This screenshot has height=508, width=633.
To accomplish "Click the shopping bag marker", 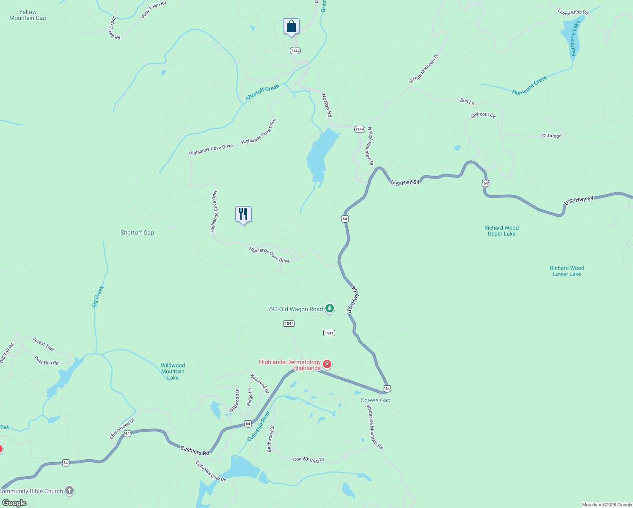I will pyautogui.click(x=291, y=27).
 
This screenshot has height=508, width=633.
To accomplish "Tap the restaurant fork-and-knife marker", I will pyautogui.click(x=243, y=214).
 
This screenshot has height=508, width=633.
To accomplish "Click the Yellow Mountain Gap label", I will pyautogui.click(x=28, y=15).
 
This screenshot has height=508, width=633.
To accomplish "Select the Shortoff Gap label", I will pyautogui.click(x=137, y=232).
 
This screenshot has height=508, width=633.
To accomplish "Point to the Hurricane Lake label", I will pyautogui.click(x=574, y=38).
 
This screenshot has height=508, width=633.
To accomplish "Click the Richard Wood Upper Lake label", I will pyautogui.click(x=501, y=231).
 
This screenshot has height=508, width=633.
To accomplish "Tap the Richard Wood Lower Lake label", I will pyautogui.click(x=567, y=271).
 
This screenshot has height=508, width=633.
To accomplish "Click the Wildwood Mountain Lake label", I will pyautogui.click(x=173, y=371).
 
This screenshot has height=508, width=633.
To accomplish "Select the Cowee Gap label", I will pyautogui.click(x=375, y=400).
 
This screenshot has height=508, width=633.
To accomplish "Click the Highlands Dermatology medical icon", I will pyautogui.click(x=327, y=364).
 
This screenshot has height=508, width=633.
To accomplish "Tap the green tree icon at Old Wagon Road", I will pyautogui.click(x=329, y=309).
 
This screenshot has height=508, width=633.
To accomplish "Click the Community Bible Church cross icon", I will pyautogui.click(x=69, y=491).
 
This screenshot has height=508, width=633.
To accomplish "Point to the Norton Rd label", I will pyautogui.click(x=327, y=105).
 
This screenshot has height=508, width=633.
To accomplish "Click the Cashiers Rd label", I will pyautogui.click(x=195, y=450).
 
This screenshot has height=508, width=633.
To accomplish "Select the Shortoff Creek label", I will pyautogui.click(x=262, y=92).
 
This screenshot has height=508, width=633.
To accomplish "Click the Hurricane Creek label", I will pyautogui.click(x=529, y=86).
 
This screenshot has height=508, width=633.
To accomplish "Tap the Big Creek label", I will pyautogui.click(x=98, y=297).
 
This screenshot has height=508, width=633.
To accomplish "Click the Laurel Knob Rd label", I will pyautogui.click(x=573, y=13).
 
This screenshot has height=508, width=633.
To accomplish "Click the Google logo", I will pyautogui.click(x=14, y=503).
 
